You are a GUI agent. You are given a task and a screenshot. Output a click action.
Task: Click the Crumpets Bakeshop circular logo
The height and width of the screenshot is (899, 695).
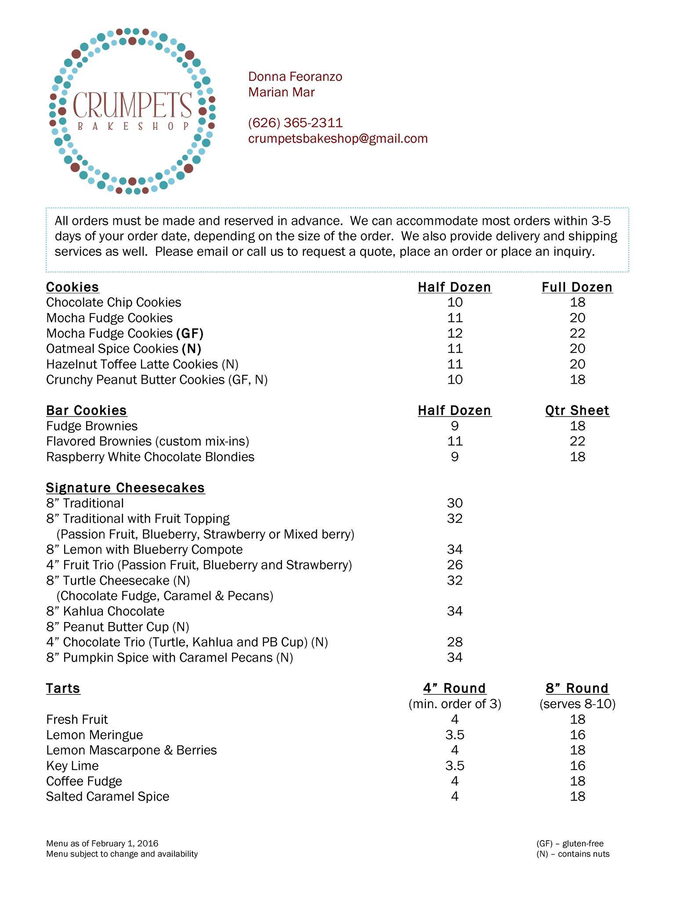[x=132, y=111]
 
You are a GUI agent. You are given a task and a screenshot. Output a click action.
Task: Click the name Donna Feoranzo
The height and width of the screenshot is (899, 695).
[x=295, y=77]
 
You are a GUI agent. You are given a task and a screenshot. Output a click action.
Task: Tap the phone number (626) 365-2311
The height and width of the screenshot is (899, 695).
[x=295, y=123]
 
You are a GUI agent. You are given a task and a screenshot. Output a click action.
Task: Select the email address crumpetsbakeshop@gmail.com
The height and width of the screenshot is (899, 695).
[x=337, y=139]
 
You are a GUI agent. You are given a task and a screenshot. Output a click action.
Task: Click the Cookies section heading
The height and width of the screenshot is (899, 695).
[x=72, y=287]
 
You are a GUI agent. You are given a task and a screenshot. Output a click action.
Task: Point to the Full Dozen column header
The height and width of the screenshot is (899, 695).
[x=577, y=287]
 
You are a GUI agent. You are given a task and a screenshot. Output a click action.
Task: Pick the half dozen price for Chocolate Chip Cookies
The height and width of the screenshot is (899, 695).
[x=455, y=302]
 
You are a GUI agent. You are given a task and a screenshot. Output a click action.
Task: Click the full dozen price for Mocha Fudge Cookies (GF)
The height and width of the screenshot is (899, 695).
[x=577, y=333]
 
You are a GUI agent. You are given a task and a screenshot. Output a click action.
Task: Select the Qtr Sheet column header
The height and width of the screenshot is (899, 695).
[x=577, y=410]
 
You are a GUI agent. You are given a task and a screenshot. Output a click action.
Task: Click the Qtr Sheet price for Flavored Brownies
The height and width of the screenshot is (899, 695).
[x=577, y=441]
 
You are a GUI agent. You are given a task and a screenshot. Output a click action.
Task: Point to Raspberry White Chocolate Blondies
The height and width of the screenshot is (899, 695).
[x=150, y=457]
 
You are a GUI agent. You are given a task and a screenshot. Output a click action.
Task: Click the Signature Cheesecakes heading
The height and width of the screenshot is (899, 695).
[x=125, y=488]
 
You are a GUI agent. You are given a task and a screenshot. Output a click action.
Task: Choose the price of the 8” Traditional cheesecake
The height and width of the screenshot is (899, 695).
[x=455, y=503]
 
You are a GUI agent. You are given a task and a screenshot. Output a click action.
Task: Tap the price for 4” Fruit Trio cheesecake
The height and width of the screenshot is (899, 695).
[x=455, y=565]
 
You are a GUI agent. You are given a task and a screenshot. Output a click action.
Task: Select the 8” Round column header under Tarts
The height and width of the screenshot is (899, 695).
[x=577, y=688]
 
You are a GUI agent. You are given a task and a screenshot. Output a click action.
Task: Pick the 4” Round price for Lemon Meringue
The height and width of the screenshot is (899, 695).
[x=455, y=735]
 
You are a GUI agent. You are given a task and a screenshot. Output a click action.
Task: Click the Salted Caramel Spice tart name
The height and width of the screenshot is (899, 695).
[x=108, y=796]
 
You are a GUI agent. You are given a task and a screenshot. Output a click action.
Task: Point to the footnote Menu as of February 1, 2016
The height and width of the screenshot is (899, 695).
[x=102, y=843]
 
